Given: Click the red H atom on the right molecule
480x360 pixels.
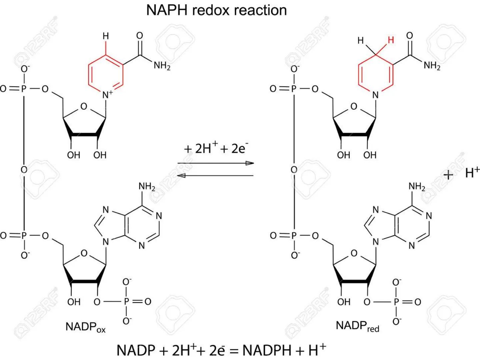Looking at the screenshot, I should pyautogui.click(x=391, y=40).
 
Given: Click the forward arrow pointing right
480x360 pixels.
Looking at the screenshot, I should pyautogui.click(x=216, y=163).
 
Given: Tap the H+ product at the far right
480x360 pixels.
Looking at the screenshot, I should pyautogui.click(x=472, y=173).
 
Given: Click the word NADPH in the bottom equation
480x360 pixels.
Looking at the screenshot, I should pyautogui.click(x=267, y=350).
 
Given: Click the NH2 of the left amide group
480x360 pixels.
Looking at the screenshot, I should pyautogui.click(x=162, y=65).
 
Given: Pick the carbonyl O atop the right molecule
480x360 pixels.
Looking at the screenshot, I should pyautogui.click(x=410, y=36).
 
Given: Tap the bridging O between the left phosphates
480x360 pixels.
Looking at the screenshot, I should pyautogui.click(x=24, y=170).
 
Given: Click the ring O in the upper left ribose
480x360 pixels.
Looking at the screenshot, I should pyautogui.click(x=84, y=107).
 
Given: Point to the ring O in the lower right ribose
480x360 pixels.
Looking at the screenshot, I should pyautogui.click(x=354, y=253).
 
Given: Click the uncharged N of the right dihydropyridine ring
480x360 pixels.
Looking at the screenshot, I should pyautogui.click(x=376, y=95).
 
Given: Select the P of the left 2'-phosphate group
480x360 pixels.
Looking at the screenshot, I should pyautogui.click(x=126, y=302).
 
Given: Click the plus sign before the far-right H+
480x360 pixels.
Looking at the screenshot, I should pyautogui.click(x=448, y=174).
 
